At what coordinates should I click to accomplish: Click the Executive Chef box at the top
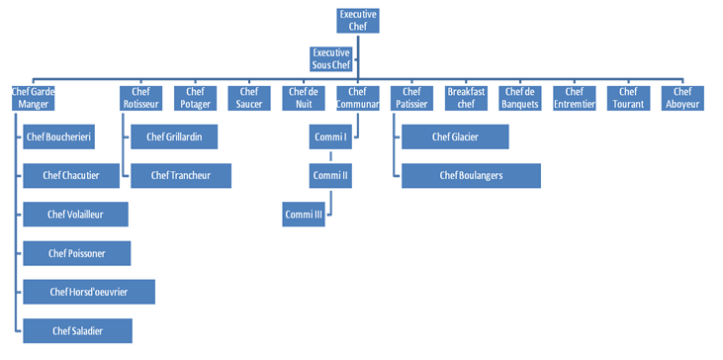358,21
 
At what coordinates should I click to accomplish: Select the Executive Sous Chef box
330,58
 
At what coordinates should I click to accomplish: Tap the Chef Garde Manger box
33,97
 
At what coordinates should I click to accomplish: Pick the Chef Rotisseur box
140,97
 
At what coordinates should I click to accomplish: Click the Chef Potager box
194,97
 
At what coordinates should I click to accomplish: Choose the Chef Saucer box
248,97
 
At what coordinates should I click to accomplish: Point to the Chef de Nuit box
302,97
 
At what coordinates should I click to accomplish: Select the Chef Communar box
357,97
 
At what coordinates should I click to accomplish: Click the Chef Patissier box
411,97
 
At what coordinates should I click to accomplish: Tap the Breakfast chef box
465,97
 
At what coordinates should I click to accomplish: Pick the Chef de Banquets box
519,97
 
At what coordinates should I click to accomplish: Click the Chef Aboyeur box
681,97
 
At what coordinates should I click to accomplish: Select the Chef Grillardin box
174,136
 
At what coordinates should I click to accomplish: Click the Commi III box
304,215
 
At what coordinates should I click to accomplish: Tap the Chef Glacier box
456,136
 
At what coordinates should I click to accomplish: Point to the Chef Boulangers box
472,175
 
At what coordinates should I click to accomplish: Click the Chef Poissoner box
76,253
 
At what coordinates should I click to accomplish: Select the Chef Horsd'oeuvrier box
89,292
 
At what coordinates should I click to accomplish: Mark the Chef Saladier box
76,330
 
